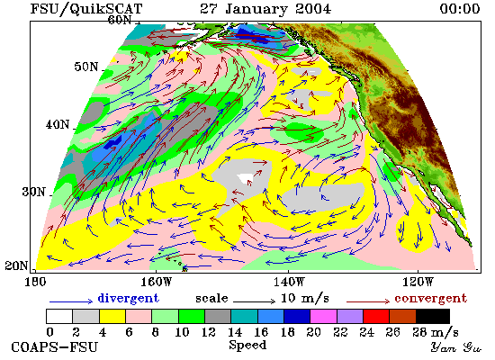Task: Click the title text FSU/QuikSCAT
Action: (x=86, y=9)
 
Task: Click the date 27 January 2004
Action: (x=265, y=8)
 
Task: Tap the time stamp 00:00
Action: (x=460, y=8)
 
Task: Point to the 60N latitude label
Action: (x=120, y=20)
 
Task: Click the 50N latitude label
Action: (x=86, y=67)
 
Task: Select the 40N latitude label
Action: (x=58, y=125)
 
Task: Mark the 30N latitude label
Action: (x=33, y=192)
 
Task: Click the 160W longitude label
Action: (x=156, y=282)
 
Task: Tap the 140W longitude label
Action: (x=289, y=282)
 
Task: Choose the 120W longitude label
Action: (x=418, y=282)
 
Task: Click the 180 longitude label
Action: (x=35, y=282)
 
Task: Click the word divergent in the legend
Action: (x=128, y=298)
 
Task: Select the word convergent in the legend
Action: (x=430, y=299)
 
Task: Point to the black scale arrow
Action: (x=254, y=301)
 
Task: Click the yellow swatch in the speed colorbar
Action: (x=112, y=317)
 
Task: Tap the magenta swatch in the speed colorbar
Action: (x=323, y=317)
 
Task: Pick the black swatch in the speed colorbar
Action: (x=433, y=317)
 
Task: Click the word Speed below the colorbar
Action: (x=247, y=345)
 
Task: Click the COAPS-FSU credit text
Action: (x=54, y=347)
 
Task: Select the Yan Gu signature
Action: (x=455, y=347)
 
